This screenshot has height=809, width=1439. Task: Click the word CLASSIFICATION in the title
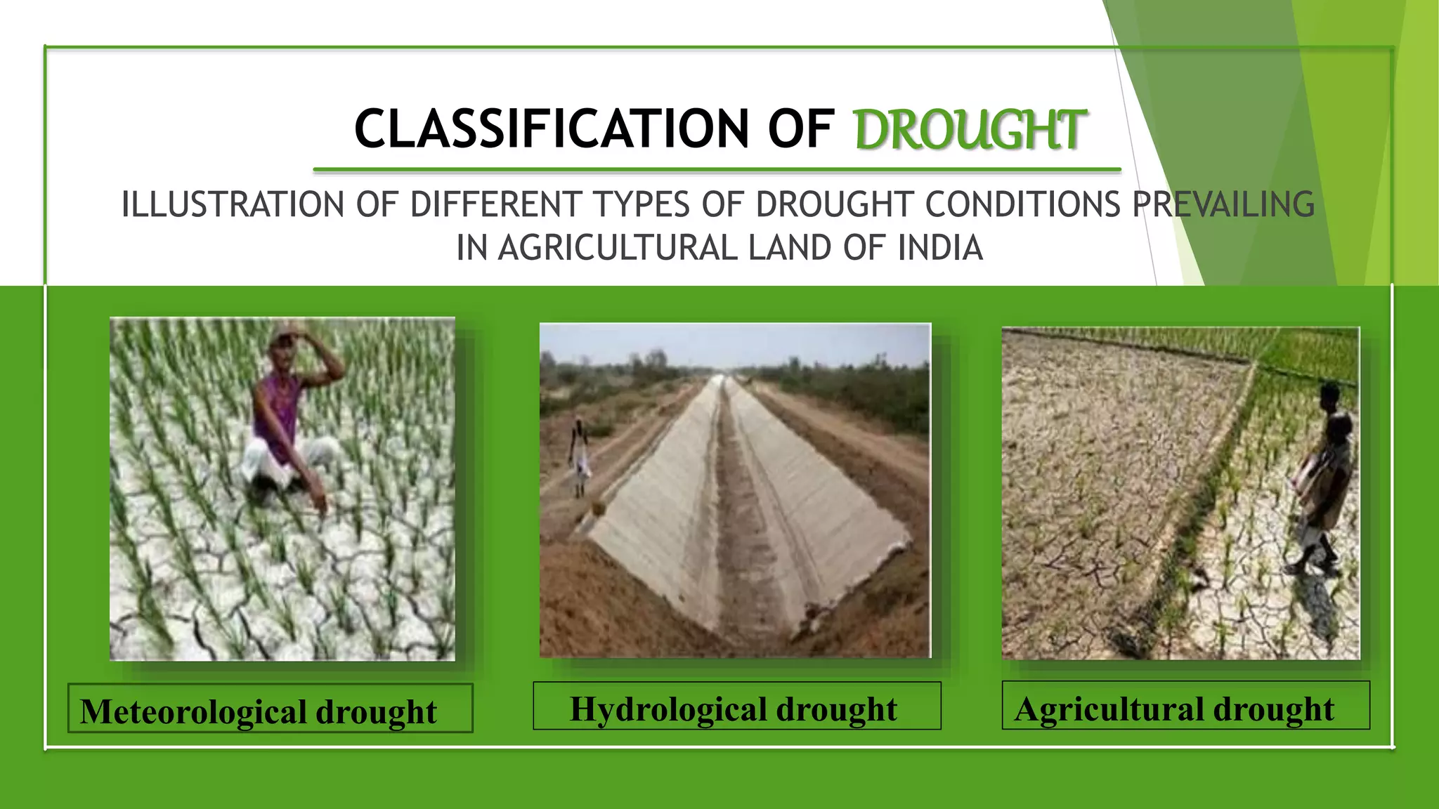pyautogui.click(x=552, y=129)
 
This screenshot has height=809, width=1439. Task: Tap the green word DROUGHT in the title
pyautogui.click(x=970, y=131)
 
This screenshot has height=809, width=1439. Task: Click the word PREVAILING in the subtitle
pyautogui.click(x=1223, y=205)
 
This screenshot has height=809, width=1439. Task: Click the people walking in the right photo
pyautogui.click(x=1324, y=478)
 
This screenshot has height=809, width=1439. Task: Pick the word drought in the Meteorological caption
pyautogui.click(x=377, y=711)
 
